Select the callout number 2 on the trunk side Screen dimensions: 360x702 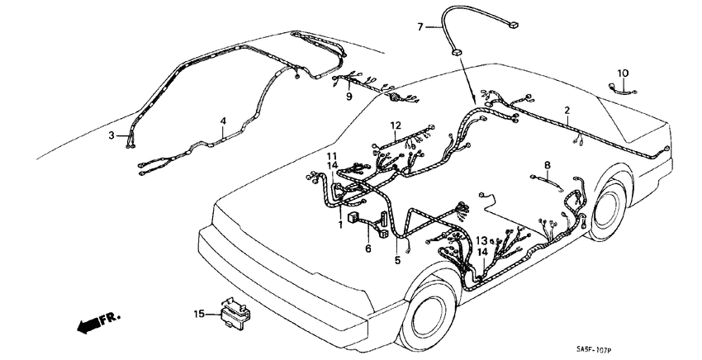[x=567, y=109]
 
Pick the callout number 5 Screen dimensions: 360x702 [x=397, y=260]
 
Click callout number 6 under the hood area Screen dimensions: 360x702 [x=368, y=248]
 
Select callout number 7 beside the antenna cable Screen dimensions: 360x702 [x=419, y=27]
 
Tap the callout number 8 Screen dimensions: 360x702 [x=547, y=164]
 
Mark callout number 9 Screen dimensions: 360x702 [x=349, y=97]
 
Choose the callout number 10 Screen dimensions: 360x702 [x=623, y=73]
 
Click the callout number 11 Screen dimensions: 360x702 [x=330, y=156]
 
